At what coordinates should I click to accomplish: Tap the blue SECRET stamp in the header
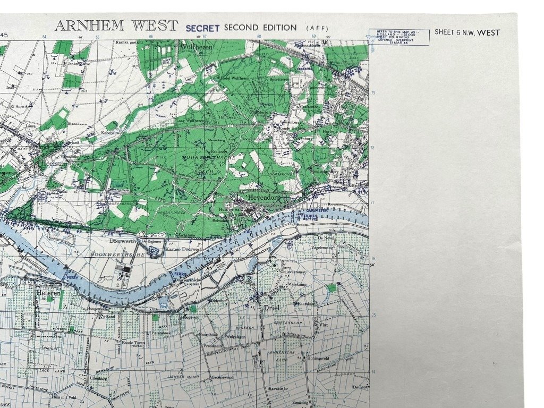tap(202, 28)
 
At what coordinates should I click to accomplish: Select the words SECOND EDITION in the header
tap(260, 27)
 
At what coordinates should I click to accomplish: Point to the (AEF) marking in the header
tap(317, 28)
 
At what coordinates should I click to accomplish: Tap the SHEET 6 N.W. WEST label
tap(467, 32)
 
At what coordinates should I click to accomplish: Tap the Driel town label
tap(271, 307)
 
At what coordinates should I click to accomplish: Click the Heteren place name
tap(49, 293)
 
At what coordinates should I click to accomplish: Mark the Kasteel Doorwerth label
tap(185, 249)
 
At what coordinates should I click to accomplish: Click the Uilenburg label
tap(99, 378)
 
